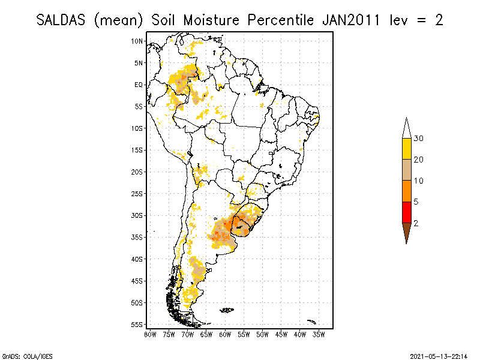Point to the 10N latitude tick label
[x=137, y=41]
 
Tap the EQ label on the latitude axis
[x=139, y=85]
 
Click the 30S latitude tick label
[x=137, y=215]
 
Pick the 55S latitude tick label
[x=137, y=324]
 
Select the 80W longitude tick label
[x=150, y=334]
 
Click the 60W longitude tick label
[x=225, y=334]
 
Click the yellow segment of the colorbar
[x=406, y=149]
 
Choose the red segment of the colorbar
[x=406, y=212]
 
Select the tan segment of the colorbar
[x=406, y=170]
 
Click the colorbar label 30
[x=419, y=139]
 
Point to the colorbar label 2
[x=416, y=223]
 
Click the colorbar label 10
[x=419, y=181]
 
